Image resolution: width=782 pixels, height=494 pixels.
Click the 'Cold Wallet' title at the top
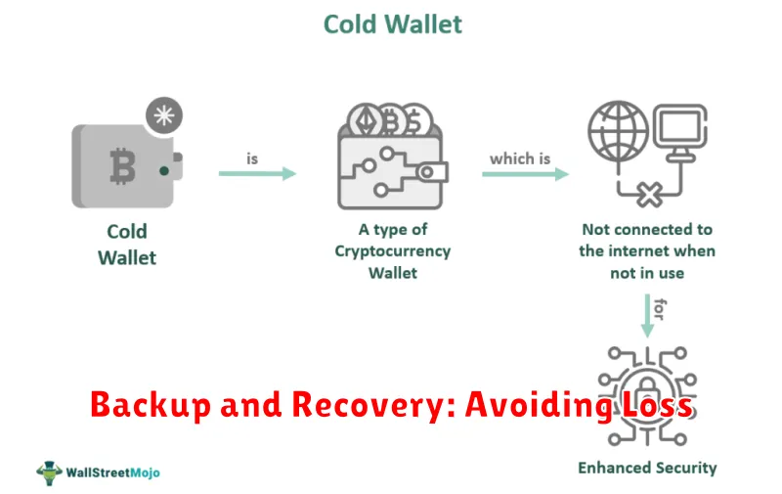tap(393, 24)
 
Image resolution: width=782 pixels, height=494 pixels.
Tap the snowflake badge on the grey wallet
tap(164, 115)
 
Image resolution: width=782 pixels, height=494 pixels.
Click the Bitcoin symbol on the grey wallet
tap(123, 166)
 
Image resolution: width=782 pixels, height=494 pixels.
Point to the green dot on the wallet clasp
tap(163, 171)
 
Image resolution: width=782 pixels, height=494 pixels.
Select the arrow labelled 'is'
tap(257, 174)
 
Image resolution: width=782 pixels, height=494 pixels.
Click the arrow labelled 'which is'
tap(525, 174)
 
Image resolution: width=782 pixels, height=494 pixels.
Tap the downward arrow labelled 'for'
tap(647, 316)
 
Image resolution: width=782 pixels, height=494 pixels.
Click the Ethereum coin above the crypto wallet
tap(365, 120)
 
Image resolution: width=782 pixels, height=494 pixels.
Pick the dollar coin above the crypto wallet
tap(416, 120)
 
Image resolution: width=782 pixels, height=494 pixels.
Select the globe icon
tap(619, 131)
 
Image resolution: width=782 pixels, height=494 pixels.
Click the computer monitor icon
tap(680, 132)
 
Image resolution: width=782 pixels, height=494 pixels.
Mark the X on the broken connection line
tap(649, 194)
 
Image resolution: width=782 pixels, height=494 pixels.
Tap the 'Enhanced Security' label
tap(647, 468)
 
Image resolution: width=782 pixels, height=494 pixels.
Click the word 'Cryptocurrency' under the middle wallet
tap(393, 251)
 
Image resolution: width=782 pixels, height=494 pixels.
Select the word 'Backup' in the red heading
tap(152, 404)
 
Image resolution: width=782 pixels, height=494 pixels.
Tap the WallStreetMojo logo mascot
tap(49, 472)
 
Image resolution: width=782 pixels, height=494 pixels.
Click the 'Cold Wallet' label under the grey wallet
tap(127, 245)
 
